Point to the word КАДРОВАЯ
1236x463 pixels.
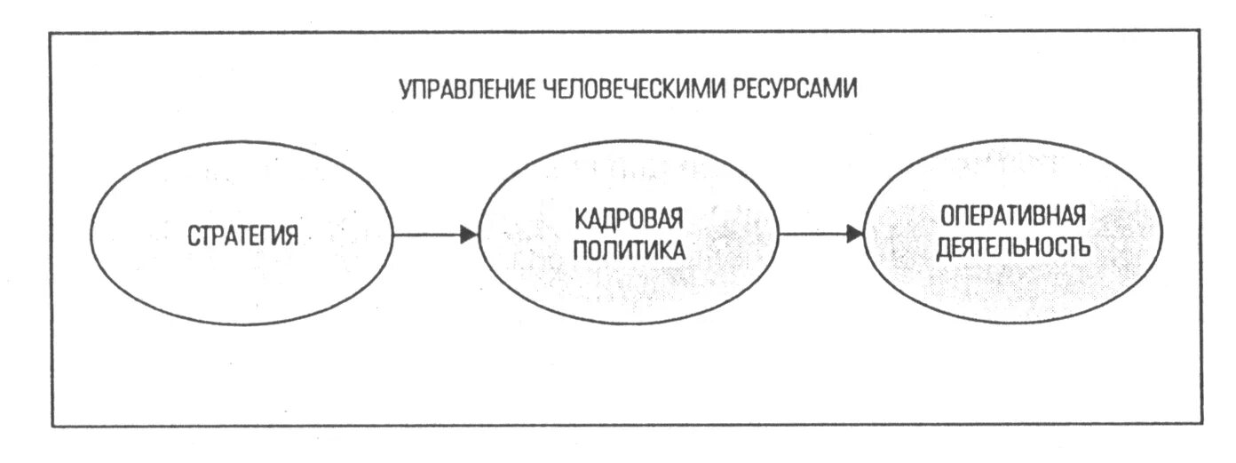629,219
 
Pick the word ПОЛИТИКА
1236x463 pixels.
629,250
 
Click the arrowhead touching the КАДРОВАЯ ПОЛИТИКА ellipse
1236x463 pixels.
469,235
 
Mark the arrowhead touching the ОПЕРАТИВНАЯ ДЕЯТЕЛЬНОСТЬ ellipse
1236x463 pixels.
854,235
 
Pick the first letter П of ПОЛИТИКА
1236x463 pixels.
578,250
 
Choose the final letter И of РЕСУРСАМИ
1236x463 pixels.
852,91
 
